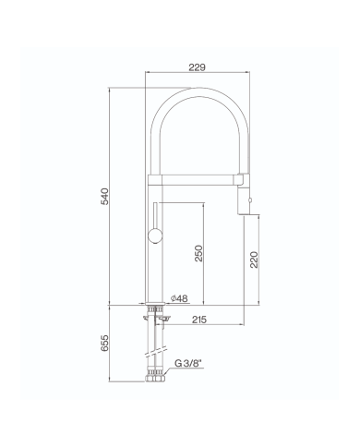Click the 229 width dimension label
197,67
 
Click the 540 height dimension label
104,196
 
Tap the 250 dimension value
198,253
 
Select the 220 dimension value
254,260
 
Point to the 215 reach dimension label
199,320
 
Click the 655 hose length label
104,343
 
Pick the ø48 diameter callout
179,298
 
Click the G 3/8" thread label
187,363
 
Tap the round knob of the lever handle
155,236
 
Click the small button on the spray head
250,200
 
